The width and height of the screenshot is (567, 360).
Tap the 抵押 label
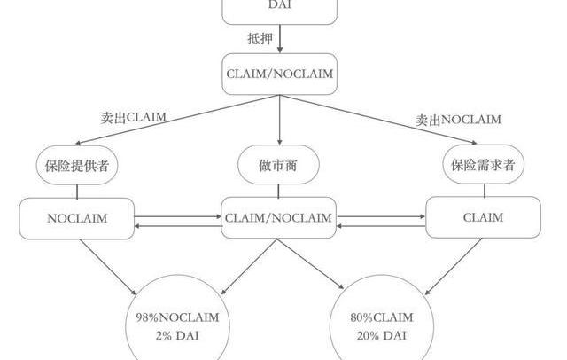260,38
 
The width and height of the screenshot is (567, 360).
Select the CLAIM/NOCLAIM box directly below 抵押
278,74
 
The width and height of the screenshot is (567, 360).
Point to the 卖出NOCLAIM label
458,120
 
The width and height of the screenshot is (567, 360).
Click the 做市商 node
278,165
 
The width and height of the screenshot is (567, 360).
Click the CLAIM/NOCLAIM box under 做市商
278,217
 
